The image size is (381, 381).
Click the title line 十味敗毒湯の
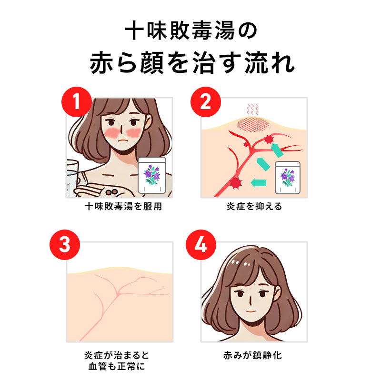click(x=190, y=31)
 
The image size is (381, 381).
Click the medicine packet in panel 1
click(x=151, y=176)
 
